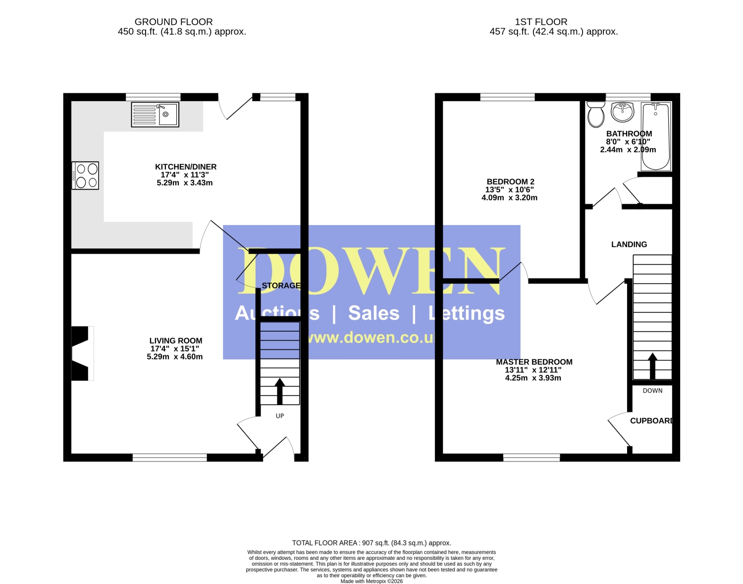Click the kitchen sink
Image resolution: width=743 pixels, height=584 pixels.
(155, 114)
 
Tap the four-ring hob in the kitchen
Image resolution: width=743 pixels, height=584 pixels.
(85, 175)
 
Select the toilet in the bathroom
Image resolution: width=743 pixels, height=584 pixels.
(595, 114)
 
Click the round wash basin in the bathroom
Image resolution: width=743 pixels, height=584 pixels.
(622, 112)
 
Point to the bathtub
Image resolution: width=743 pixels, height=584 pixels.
(656, 136)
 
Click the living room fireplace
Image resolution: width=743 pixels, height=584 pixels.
(82, 353)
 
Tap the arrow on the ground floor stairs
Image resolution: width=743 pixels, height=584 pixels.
(280, 391)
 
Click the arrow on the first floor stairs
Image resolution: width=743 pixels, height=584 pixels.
(652, 366)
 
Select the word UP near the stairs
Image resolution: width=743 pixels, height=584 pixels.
(280, 415)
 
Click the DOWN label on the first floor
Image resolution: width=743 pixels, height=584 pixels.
(652, 391)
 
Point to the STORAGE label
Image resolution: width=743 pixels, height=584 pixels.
(281, 286)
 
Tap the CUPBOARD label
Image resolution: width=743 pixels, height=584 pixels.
(651, 421)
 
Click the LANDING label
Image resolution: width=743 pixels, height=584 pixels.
(629, 244)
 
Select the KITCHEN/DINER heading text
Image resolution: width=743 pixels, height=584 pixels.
(186, 167)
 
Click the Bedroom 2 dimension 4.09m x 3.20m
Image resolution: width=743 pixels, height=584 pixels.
(510, 197)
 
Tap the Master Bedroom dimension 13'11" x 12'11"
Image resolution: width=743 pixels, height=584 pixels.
(533, 370)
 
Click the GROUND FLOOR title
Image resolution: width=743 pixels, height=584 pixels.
(174, 22)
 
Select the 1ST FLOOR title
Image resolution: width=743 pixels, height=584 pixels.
(541, 22)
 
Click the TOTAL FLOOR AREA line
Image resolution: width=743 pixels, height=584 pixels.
(371, 543)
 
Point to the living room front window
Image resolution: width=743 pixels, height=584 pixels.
(169, 458)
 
